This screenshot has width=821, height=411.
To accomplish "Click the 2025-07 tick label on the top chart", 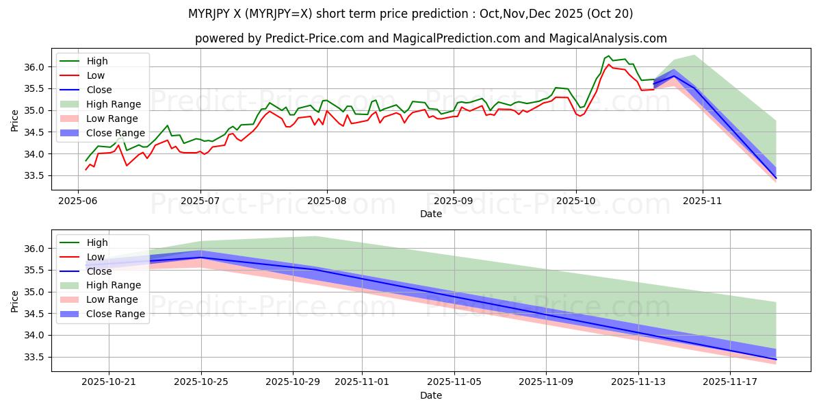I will [200, 202].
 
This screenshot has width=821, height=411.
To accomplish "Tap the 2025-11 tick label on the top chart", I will [702, 202].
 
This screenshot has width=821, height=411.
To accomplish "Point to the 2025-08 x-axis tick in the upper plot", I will [326, 202].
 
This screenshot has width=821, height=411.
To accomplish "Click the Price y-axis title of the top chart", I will [15, 120].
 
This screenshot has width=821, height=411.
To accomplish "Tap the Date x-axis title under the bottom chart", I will [431, 396].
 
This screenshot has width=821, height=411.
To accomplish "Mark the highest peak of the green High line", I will [608, 55].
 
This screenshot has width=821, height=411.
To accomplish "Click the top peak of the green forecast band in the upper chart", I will [694, 55].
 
